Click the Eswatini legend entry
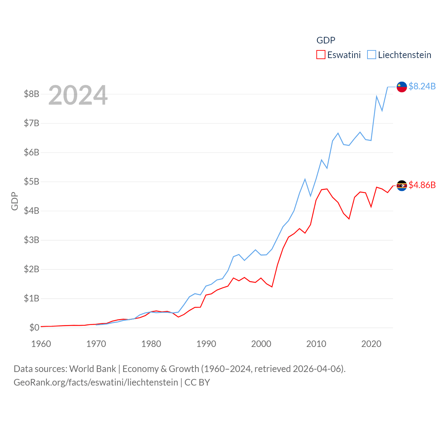(339, 55)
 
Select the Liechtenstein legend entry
(399, 55)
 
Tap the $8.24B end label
(422, 86)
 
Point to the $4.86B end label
(422, 185)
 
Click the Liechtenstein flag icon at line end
(402, 87)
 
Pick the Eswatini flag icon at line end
(402, 186)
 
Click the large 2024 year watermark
(78, 95)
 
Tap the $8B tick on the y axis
(31, 94)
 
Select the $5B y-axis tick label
(31, 181)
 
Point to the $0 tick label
(34, 327)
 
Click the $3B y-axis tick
(31, 240)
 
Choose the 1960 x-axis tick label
(41, 344)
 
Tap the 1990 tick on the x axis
(206, 344)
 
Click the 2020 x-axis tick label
(371, 344)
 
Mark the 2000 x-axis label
(261, 344)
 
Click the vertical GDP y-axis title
(15, 201)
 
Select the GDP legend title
(326, 40)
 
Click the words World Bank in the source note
(92, 369)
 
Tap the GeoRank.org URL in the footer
(96, 382)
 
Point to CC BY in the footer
(197, 382)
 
